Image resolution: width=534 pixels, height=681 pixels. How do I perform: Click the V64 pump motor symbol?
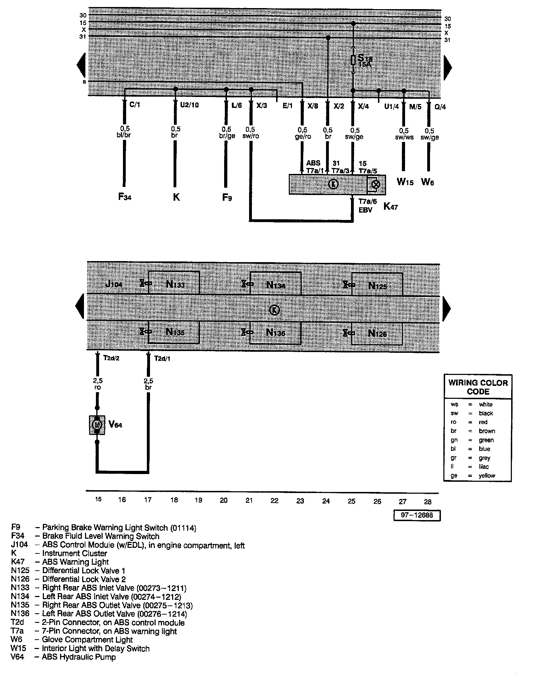pos(97,425)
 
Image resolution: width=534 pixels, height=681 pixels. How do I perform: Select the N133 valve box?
pos(174,283)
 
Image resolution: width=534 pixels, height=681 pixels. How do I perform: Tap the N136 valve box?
pos(275,332)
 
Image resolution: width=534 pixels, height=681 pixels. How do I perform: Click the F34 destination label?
pos(125,197)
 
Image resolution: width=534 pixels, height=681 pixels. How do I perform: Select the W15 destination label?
pos(405,182)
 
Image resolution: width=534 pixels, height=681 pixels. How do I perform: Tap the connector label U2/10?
pos(189,105)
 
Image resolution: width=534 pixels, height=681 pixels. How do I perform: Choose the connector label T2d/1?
pos(162,358)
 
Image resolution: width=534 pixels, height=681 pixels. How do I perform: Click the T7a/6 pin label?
pos(367,201)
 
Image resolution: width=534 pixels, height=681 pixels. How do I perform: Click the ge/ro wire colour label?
pos(303,136)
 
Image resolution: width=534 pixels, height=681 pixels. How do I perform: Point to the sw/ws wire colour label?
pos(404,137)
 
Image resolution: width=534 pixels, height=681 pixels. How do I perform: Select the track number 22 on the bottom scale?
pos(274,501)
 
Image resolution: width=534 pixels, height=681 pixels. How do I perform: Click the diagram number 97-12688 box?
pos(417,515)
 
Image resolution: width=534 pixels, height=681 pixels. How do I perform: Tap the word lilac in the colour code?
pos(484,467)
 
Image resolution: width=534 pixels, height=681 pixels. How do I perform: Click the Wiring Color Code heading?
pos(478,387)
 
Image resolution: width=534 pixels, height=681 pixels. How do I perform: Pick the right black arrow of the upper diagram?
pos(448,66)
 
